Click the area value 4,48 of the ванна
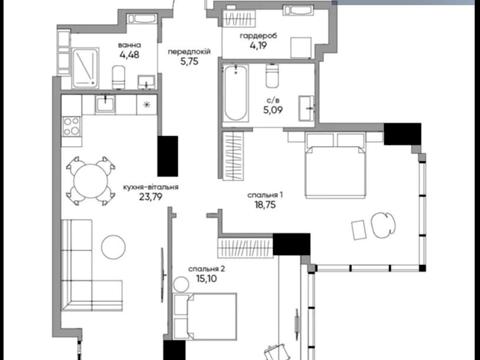(x=129, y=55)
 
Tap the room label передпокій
(x=189, y=52)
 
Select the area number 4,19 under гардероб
(x=258, y=45)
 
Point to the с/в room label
(x=273, y=100)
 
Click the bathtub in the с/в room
(x=236, y=93)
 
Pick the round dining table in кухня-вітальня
(x=91, y=181)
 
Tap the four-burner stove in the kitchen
(x=72, y=126)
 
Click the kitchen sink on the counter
(x=106, y=104)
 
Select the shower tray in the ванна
(x=85, y=68)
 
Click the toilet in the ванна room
(x=118, y=77)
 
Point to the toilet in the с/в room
(x=272, y=75)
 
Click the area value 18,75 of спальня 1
(x=265, y=205)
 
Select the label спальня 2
(x=207, y=269)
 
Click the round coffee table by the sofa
(x=113, y=247)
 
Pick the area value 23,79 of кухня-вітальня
(x=151, y=197)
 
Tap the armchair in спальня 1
(x=383, y=225)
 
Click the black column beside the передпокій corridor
(x=168, y=156)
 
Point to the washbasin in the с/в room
(x=306, y=108)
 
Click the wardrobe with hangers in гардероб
(x=239, y=18)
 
